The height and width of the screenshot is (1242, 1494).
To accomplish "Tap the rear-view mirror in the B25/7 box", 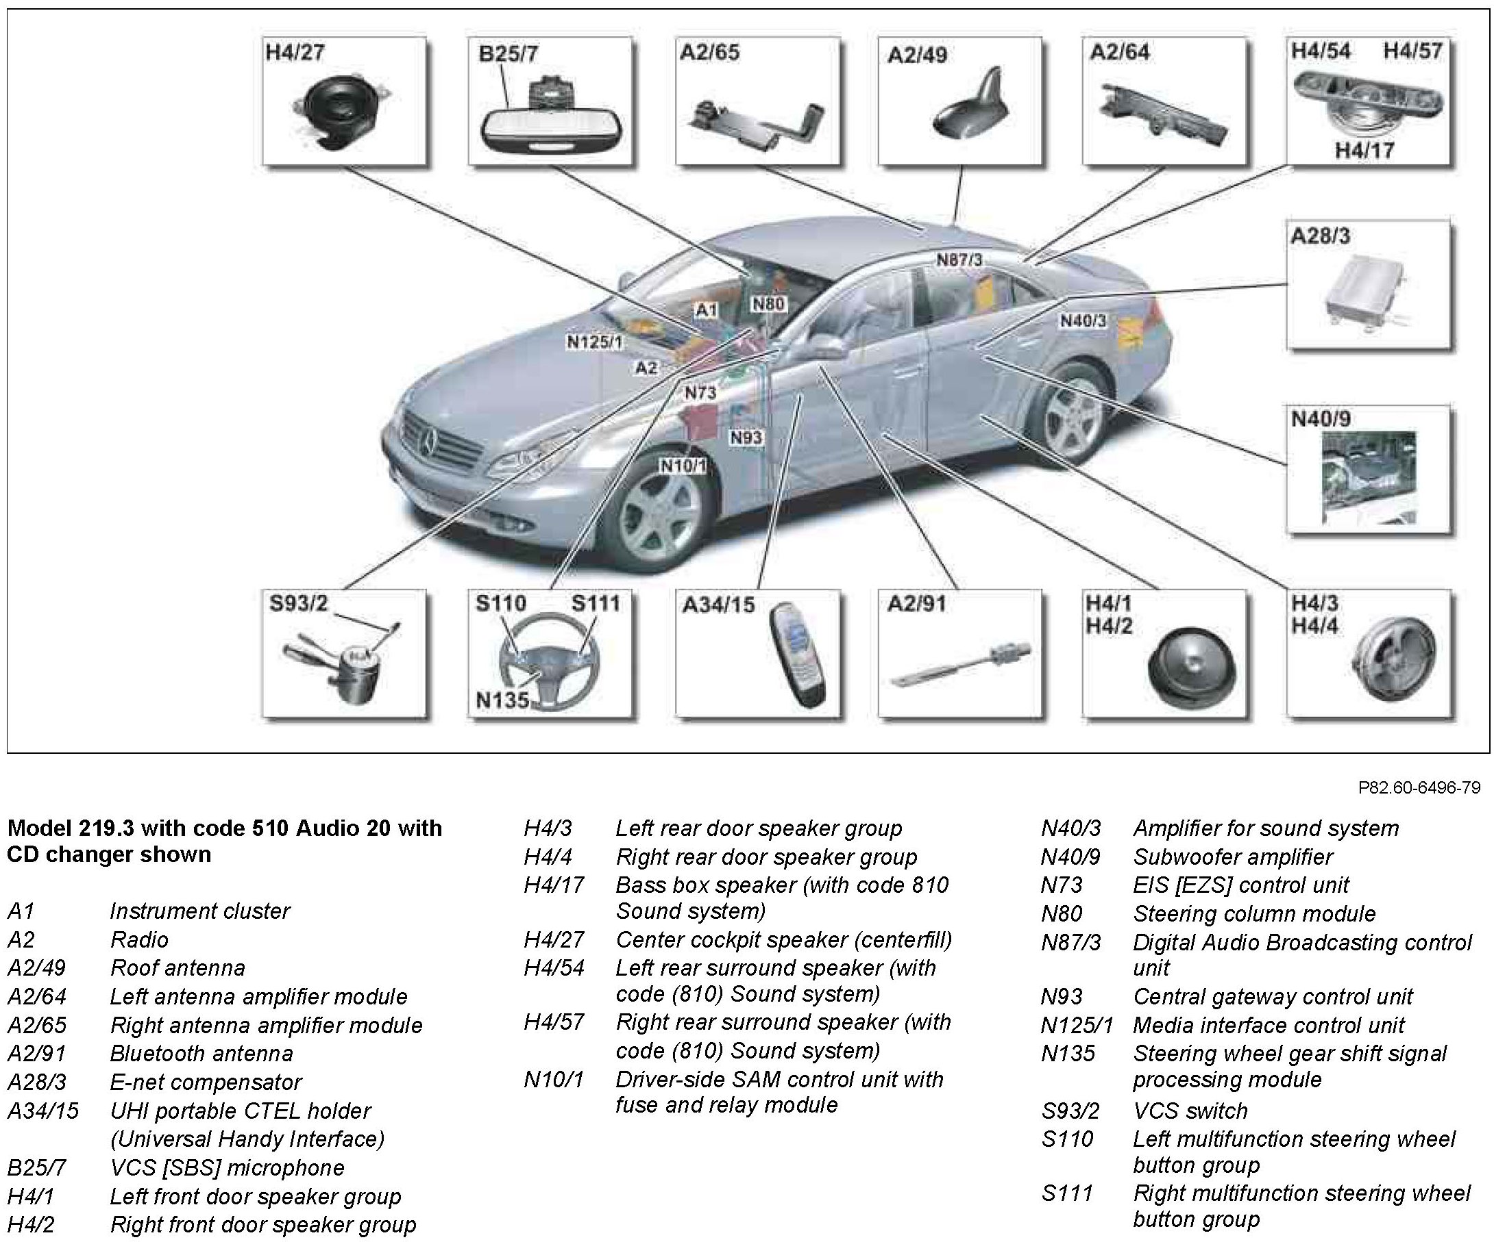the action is click(552, 130).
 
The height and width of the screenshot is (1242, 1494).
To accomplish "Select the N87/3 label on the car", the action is click(959, 260).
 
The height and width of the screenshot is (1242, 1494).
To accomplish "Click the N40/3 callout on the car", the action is click(1083, 321).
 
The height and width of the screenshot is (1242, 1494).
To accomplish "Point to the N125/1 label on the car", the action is click(595, 342).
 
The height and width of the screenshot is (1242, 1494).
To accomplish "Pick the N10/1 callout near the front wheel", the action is click(683, 466).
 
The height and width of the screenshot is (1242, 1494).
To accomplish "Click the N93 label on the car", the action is click(746, 438).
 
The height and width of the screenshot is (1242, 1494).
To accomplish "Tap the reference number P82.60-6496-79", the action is click(1419, 787).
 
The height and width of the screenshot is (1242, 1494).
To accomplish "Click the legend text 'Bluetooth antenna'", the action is click(201, 1053).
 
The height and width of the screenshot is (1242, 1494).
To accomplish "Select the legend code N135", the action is click(1068, 1053).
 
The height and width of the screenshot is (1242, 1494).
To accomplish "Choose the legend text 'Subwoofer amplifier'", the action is click(1233, 857).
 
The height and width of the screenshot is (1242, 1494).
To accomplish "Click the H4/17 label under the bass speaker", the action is click(1364, 150).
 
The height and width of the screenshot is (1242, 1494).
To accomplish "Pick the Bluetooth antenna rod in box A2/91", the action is click(959, 663).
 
